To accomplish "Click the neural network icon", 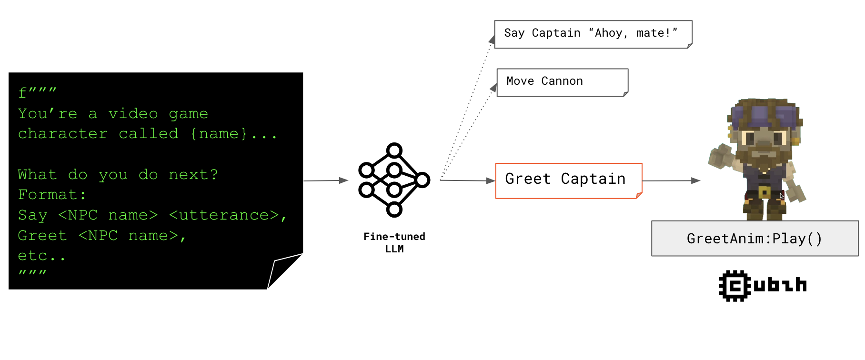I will pos(394,180).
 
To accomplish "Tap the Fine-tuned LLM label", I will pos(394,242).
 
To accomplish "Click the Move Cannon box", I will pos(562,82).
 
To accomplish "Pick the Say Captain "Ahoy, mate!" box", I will pos(593,34).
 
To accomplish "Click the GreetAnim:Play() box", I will pos(754,238).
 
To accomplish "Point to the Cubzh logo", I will pos(763,286).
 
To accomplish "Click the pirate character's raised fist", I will pos(720,156).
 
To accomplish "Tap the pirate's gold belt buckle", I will pos(764,192).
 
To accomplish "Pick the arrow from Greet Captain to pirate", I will pos(671,180).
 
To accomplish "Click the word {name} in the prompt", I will pos(219,134).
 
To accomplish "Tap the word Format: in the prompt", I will pos(51,195).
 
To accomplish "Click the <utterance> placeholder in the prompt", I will pos(224,215).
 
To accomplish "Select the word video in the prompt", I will pos(133,114).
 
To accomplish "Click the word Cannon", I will pos(562,81).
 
